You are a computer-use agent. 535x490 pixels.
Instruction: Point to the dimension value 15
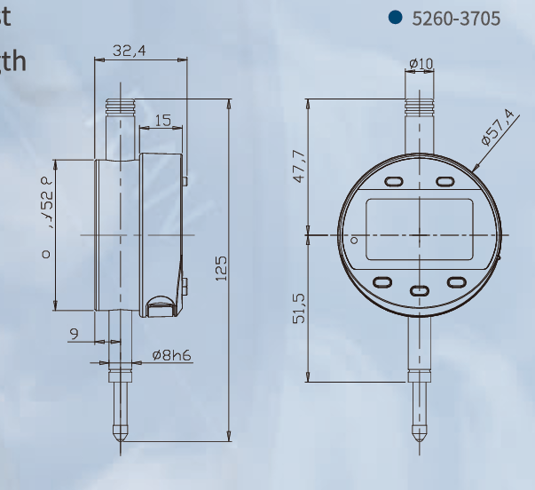tap(162, 120)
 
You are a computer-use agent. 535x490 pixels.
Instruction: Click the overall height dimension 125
tap(221, 267)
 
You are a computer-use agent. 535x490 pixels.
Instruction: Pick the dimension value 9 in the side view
tap(74, 333)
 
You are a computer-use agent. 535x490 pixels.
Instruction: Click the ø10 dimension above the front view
tap(421, 65)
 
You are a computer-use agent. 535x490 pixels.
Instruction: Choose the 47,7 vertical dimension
tap(299, 167)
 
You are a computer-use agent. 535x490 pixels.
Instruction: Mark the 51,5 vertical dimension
tap(299, 307)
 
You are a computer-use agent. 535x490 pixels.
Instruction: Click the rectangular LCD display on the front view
tap(420, 228)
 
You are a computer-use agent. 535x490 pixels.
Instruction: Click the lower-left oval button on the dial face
tap(382, 282)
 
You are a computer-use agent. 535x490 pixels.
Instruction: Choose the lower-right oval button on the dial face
tap(457, 282)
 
